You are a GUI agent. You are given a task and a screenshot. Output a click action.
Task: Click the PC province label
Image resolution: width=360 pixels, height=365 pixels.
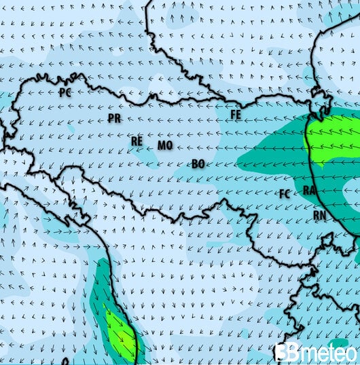pos(66,91)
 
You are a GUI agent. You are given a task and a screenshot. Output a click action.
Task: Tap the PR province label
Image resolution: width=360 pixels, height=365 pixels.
pos(114,118)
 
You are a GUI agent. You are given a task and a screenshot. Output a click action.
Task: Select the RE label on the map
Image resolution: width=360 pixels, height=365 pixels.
pos(137,141)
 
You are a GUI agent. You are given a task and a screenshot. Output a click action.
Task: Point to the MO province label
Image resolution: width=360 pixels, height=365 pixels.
pos(164,145)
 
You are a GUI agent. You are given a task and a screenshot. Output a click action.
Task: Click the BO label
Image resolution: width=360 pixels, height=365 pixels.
pos(198,164)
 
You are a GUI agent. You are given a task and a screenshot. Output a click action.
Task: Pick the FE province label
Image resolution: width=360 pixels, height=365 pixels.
pos(236,115)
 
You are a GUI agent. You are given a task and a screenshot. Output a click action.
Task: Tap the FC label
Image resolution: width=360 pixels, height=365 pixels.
pos(285,193)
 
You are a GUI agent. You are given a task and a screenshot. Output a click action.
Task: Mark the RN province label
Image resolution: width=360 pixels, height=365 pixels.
pos(321,214)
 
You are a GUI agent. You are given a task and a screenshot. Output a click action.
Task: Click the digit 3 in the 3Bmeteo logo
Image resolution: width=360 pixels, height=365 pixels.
pos(281,352)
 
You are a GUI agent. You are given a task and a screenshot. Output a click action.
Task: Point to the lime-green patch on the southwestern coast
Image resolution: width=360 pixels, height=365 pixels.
pos(120,332)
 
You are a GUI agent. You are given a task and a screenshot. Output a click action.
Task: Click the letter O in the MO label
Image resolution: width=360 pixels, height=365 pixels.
pos(168,145)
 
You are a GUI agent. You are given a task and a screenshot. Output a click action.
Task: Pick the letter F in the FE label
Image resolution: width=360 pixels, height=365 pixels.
pos(232,115)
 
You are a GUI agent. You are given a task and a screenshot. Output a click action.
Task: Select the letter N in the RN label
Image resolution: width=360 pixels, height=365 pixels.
pos(324,214)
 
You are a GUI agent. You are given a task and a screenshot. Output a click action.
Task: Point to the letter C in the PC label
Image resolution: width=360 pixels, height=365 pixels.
pos(69,91)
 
